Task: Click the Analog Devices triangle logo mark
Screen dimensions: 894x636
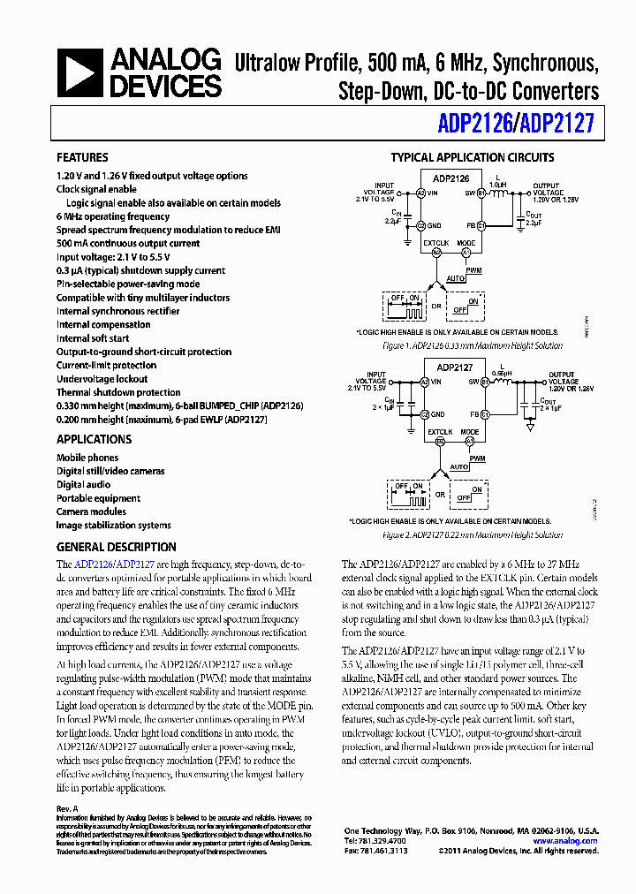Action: coord(81,72)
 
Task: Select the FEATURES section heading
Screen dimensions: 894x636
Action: coord(82,157)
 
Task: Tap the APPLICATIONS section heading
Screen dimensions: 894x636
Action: coord(94,439)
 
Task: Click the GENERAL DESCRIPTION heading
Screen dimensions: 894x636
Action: coord(116,547)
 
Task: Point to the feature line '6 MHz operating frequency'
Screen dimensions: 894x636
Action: coord(113,216)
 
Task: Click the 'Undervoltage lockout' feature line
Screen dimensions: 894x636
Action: coord(102,379)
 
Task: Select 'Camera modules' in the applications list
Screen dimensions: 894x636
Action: coord(91,511)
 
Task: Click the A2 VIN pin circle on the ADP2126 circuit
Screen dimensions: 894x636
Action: coord(421,192)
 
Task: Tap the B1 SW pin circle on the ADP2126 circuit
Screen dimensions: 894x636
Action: coord(481,192)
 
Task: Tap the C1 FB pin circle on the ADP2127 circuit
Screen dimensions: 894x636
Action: coord(484,413)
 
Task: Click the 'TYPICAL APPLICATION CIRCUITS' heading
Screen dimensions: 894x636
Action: coord(473,157)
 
